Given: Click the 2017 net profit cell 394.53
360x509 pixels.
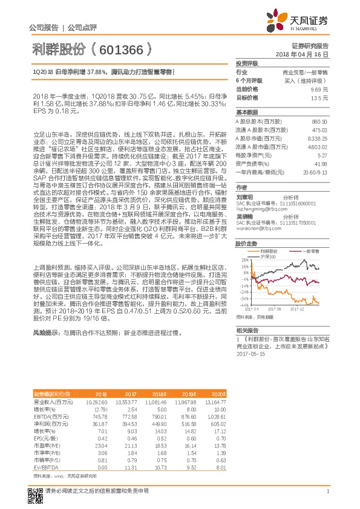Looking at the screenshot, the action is click(x=131, y=424).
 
